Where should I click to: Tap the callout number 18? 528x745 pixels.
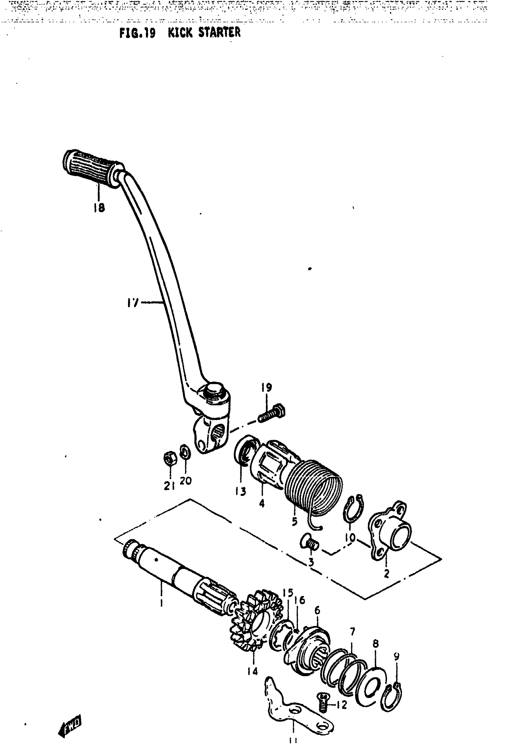coord(99,207)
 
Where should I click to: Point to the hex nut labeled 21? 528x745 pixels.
coord(170,458)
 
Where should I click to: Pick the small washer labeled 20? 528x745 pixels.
coord(185,452)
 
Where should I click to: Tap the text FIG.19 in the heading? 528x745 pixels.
coord(137,33)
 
